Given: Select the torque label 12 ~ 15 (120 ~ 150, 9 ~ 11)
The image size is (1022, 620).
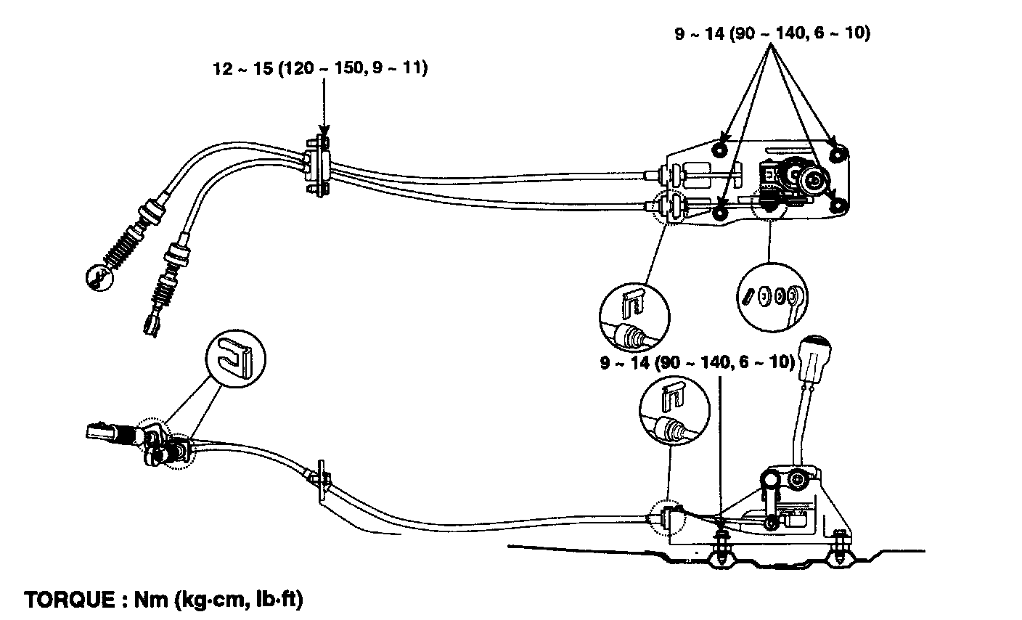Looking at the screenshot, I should tap(320, 69).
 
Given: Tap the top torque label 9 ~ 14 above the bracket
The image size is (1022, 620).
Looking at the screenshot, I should tap(772, 33).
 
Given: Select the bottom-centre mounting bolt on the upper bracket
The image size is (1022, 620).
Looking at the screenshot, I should tap(720, 211).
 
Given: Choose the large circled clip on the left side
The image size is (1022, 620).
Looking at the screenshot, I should tap(235, 356).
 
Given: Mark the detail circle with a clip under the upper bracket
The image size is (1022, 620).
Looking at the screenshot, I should tap(634, 317).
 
